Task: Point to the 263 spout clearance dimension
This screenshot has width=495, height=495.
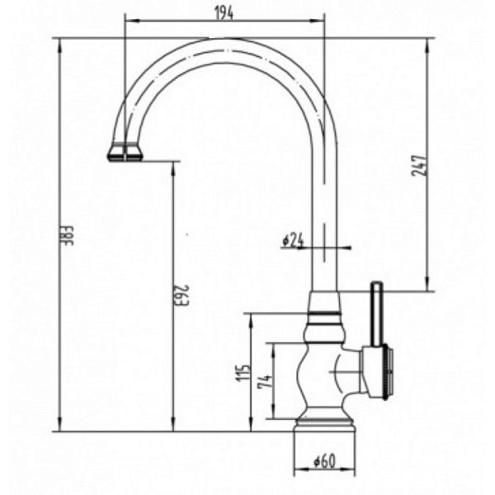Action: click(x=181, y=295)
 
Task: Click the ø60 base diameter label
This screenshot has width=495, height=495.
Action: click(x=325, y=462)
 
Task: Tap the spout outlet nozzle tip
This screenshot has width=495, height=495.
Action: click(x=125, y=153)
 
